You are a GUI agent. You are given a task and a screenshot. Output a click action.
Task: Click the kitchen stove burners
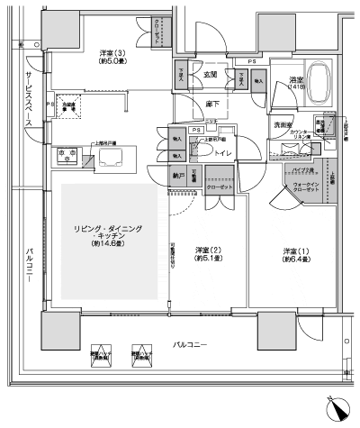pos(65,154)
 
